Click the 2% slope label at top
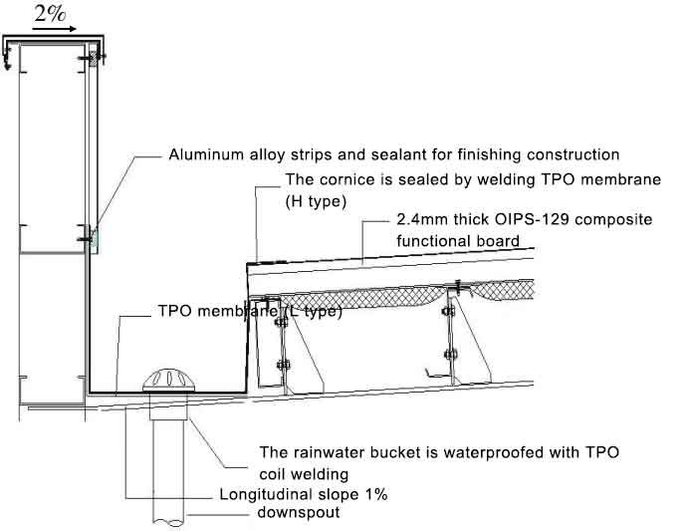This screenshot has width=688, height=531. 51,13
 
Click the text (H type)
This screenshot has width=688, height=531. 315,200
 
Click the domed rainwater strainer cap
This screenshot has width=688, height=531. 164,380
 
